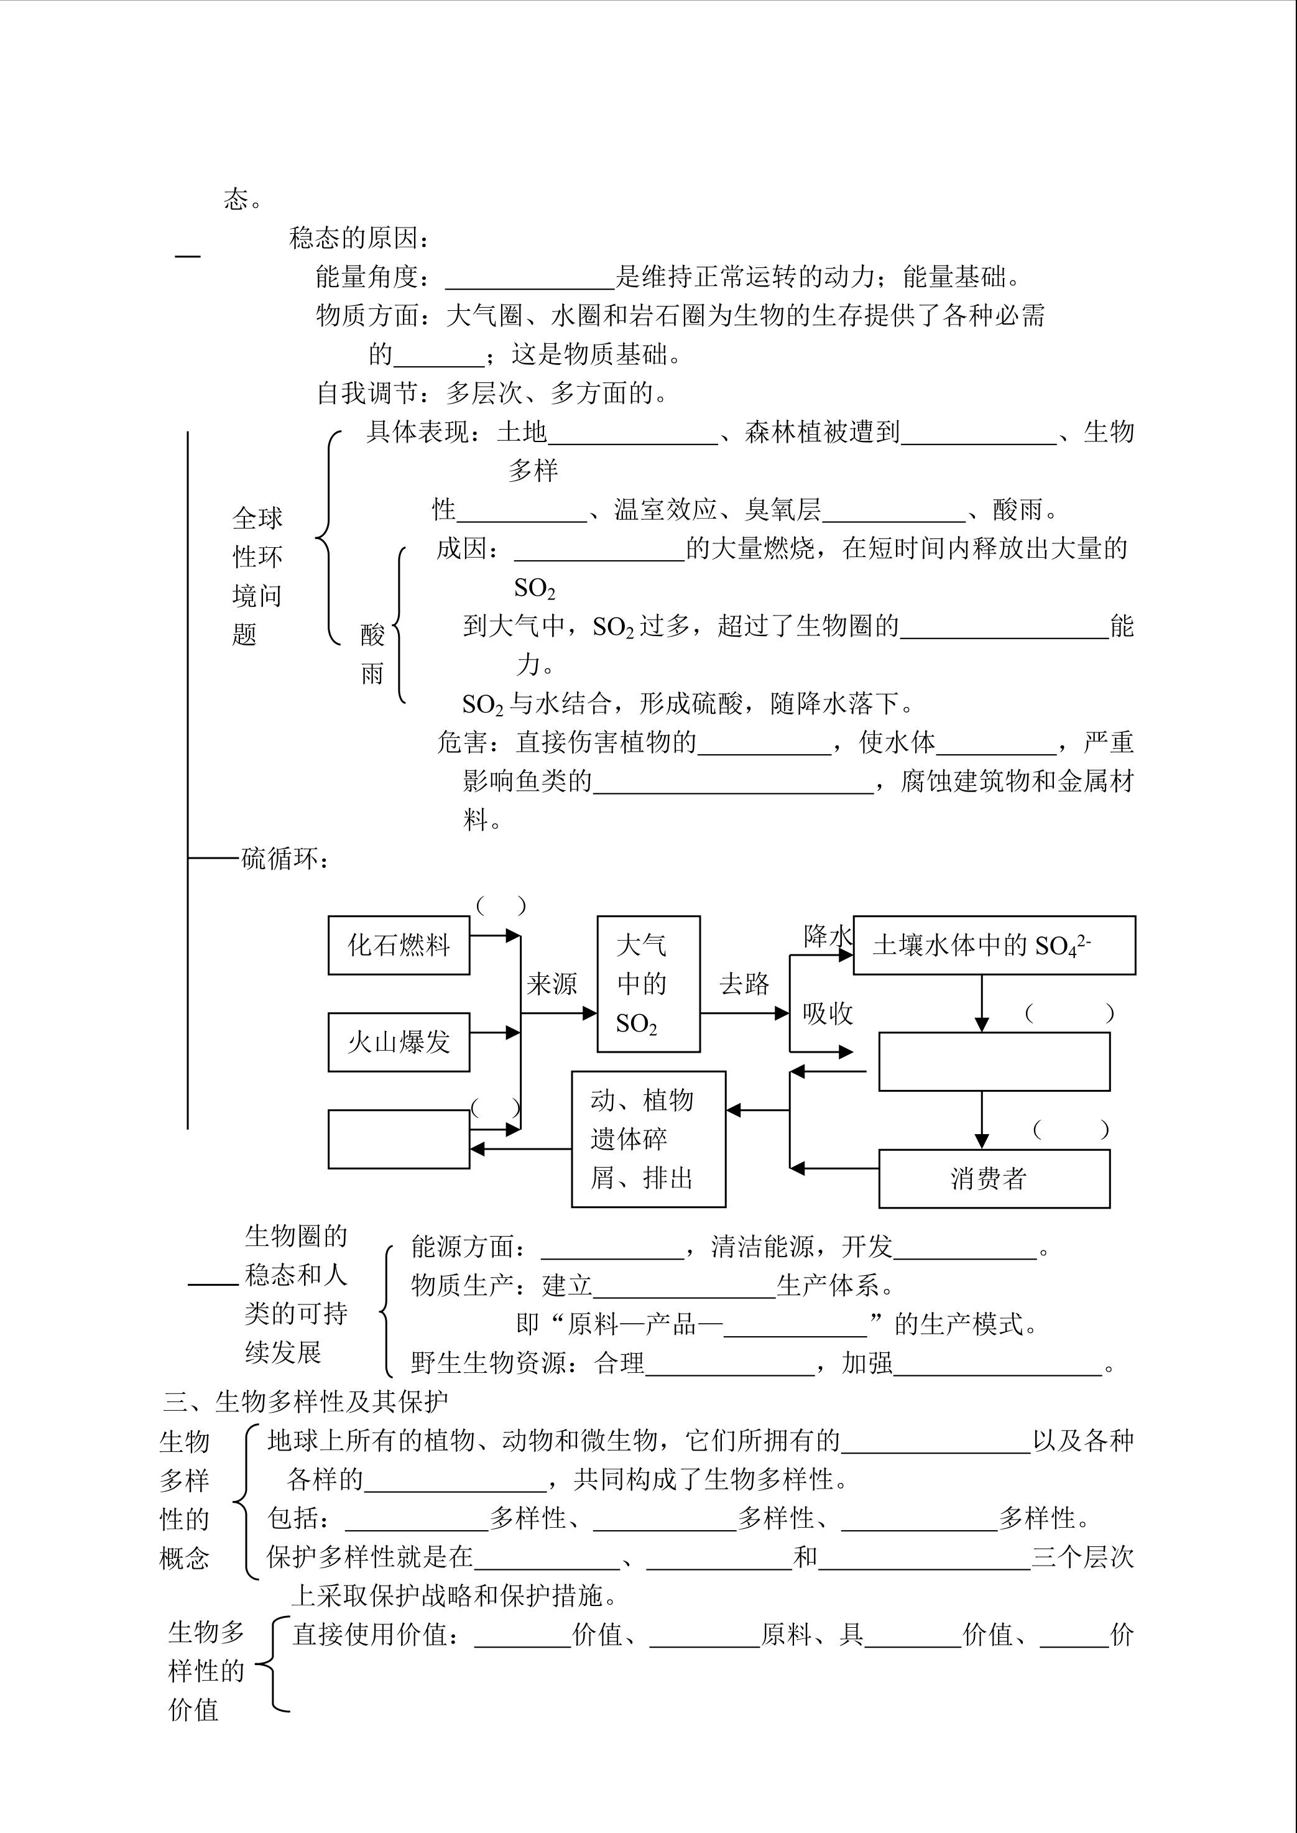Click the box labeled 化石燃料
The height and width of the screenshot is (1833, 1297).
(x=399, y=945)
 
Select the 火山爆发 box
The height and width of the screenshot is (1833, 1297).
(x=399, y=1041)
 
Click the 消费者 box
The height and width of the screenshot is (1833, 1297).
(x=994, y=1178)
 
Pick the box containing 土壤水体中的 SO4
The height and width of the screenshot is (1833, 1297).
(x=994, y=945)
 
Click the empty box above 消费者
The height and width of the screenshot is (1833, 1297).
(x=994, y=1061)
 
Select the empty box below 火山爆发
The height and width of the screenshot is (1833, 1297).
(x=399, y=1139)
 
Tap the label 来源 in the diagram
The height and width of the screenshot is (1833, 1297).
(x=552, y=984)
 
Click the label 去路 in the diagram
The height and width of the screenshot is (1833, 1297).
(x=744, y=984)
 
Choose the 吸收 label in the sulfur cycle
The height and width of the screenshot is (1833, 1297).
(x=828, y=1013)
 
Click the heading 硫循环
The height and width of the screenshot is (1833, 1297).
(x=284, y=859)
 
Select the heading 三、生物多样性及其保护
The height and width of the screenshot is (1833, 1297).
(x=306, y=1401)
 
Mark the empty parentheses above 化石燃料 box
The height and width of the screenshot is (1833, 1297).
(x=501, y=906)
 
